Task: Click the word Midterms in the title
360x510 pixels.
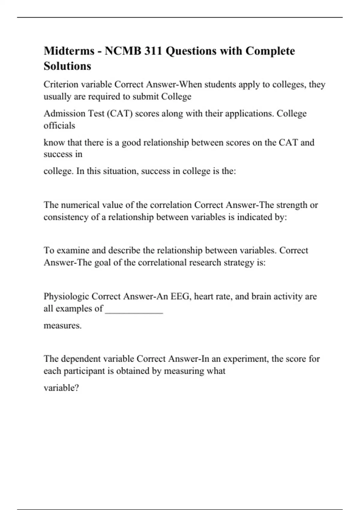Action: [69, 51]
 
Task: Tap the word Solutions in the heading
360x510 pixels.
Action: [67, 66]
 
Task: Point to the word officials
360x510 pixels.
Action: [59, 125]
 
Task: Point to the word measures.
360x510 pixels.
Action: [62, 325]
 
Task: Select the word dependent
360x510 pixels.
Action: [80, 359]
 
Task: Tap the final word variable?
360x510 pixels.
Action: [61, 388]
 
